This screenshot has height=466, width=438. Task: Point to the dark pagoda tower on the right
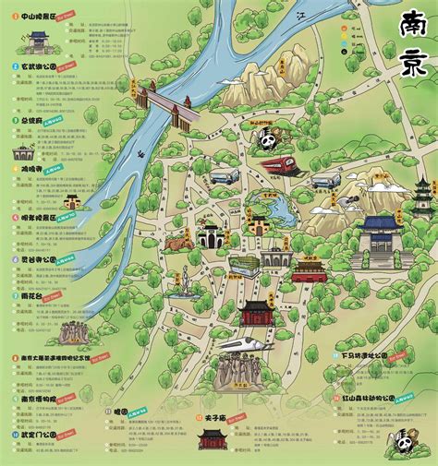pyautogui.click(x=423, y=197)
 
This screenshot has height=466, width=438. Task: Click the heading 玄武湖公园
pyautogui.click(x=36, y=67)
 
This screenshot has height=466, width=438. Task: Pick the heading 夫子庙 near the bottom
pyautogui.click(x=213, y=417)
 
